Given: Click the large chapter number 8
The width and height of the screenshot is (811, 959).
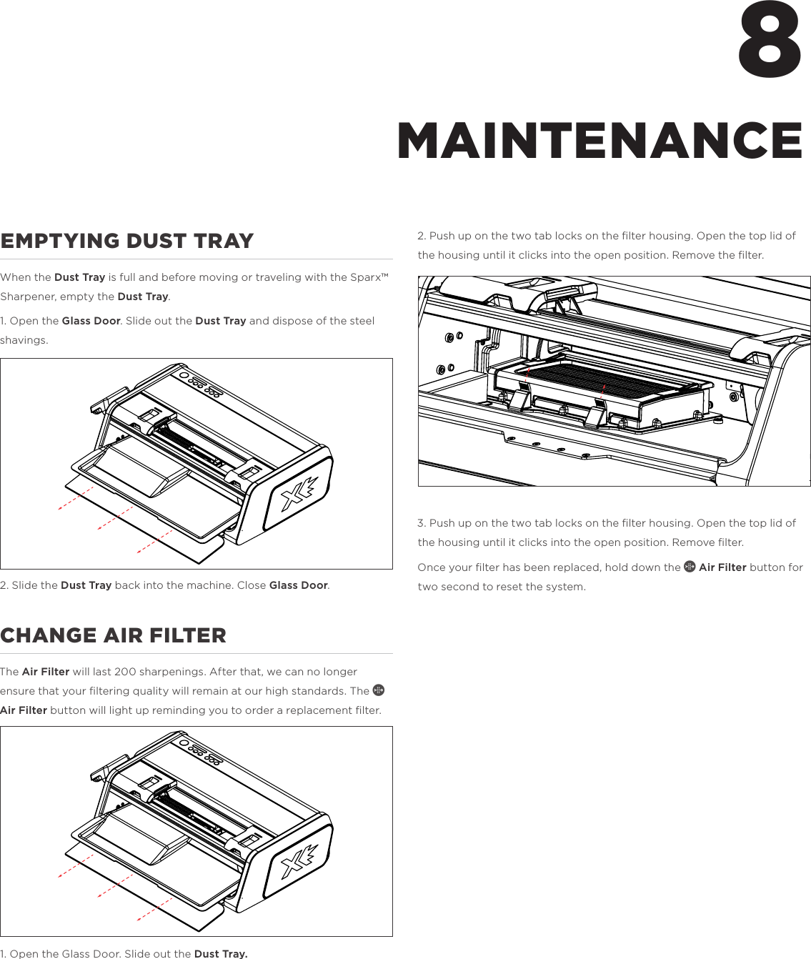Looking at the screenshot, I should [770, 41].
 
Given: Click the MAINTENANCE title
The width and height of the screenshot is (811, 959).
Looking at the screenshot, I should [599, 141].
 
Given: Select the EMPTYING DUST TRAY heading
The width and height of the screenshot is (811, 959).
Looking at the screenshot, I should [127, 241].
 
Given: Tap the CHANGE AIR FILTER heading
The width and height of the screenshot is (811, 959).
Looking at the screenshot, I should [113, 635].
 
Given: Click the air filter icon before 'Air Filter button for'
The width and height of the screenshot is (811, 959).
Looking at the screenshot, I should [690, 567].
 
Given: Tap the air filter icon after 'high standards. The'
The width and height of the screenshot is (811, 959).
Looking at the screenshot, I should [379, 690].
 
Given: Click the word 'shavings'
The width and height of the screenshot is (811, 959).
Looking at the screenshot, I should [23, 340].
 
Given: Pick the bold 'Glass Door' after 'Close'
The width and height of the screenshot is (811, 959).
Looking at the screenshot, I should [298, 585].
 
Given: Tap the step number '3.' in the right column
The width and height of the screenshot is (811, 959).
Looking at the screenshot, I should [422, 523].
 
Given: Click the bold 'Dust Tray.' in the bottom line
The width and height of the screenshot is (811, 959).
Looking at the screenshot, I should [221, 953].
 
